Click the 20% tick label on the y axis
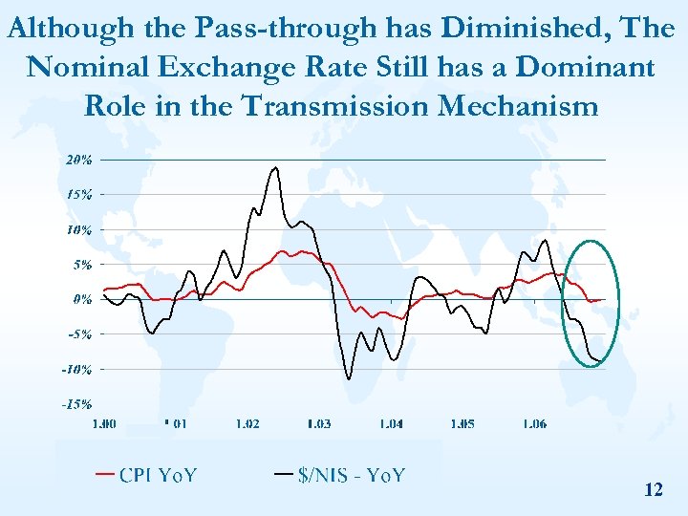tap(78, 160)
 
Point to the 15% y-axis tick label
tap(78, 194)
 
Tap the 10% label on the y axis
tap(78, 229)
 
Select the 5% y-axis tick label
tap(81, 265)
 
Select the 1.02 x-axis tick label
tap(247, 423)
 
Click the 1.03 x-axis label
tap(318, 423)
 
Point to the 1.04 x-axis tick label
tap(390, 423)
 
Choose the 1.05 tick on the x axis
tap(462, 423)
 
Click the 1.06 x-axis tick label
tap(534, 423)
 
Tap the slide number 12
tap(654, 490)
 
